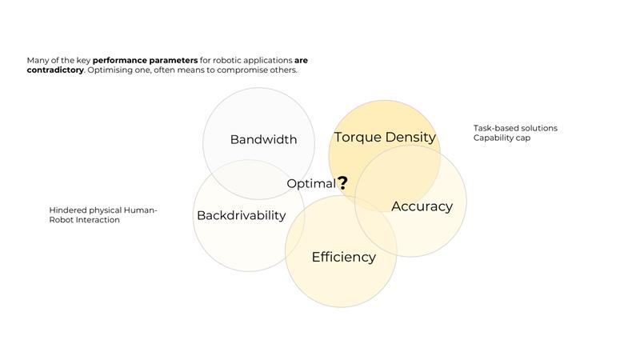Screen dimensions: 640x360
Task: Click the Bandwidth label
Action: pos(263,139)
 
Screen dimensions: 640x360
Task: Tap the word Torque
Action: pos(358,138)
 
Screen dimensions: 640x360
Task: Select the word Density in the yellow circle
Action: pos(410,138)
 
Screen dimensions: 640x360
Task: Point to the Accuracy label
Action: pos(422,206)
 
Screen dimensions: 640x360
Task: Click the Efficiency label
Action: pos(344,257)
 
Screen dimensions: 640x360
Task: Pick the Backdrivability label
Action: pos(242,215)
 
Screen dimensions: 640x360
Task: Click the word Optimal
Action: pos(311,184)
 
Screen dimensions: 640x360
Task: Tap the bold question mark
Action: pos(343,183)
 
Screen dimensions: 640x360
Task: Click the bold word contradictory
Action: pos(55,70)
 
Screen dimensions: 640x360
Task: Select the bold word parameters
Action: pos(173,61)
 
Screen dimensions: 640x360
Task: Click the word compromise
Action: pos(242,70)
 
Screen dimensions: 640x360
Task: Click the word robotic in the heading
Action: pos(227,61)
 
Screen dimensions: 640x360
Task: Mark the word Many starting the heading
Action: pos(38,61)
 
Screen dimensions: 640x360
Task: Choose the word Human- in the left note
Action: pos(141,210)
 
